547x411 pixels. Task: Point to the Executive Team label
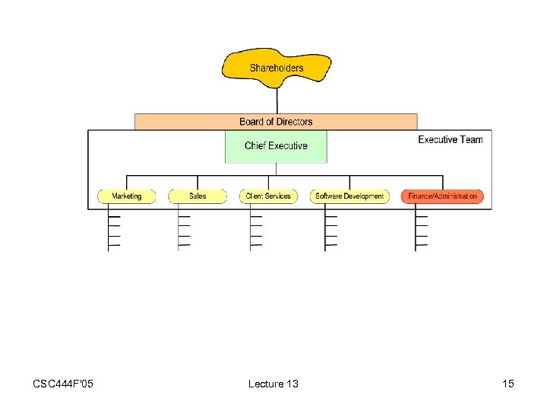pos(450,140)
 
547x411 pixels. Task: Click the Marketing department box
pos(126,196)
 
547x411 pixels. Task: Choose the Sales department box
pos(198,196)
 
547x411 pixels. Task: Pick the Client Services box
pos(268,196)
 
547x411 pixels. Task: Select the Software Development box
pos(349,196)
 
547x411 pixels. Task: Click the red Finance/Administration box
pos(442,196)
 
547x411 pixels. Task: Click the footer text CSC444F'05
pos(63,384)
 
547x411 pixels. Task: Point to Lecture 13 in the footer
pos(273,384)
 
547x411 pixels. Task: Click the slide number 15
pos(507,384)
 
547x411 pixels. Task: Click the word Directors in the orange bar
pos(294,122)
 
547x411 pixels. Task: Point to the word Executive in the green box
pos(287,145)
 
